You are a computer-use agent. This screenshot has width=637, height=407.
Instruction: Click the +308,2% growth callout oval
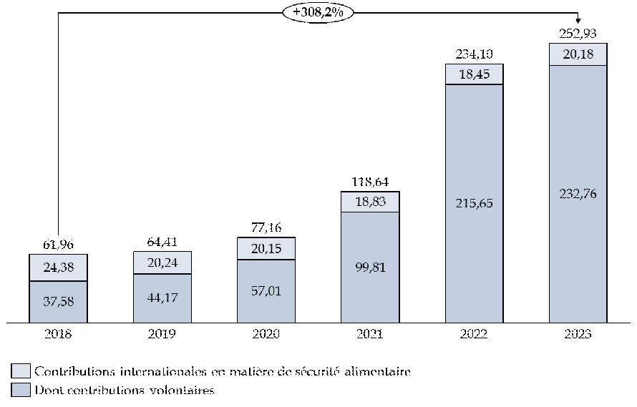click(318, 13)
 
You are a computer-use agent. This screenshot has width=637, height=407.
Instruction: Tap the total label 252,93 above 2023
click(578, 32)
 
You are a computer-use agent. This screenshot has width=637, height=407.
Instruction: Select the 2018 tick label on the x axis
click(57, 333)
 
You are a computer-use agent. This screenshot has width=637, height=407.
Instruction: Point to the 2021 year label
click(369, 333)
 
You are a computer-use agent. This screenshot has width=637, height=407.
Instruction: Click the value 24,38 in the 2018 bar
click(57, 268)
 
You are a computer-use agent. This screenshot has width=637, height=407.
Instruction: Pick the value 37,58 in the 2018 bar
click(57, 301)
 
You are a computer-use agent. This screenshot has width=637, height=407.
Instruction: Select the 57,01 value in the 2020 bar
click(266, 290)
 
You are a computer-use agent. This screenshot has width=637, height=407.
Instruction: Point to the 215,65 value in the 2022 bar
click(474, 202)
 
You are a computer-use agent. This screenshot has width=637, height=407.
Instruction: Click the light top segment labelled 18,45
click(474, 74)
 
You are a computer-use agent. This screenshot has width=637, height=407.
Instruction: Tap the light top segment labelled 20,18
click(578, 54)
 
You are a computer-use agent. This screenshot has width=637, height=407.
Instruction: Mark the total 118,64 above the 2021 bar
click(369, 182)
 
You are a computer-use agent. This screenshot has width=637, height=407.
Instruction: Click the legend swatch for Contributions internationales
click(21, 371)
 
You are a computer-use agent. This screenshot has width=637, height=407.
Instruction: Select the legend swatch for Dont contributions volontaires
click(21, 390)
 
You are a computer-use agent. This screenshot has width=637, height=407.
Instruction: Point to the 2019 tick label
click(162, 333)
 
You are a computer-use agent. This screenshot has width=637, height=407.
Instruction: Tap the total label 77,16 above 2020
click(266, 227)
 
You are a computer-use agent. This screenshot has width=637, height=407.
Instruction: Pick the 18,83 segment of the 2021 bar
click(369, 202)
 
